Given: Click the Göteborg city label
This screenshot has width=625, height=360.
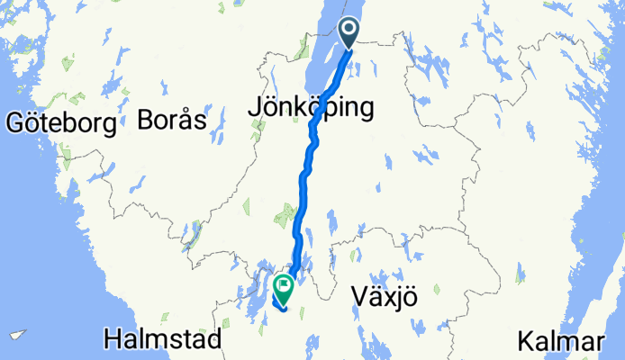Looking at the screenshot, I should pyautogui.click(x=60, y=123).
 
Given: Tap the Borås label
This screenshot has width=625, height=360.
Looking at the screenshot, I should pyautogui.click(x=173, y=120).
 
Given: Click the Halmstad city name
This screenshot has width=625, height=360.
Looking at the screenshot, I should pyautogui.click(x=163, y=340).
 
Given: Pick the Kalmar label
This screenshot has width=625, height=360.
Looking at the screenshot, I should pyautogui.click(x=560, y=342).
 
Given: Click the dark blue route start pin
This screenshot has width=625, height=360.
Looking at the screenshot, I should pyautogui.click(x=349, y=34).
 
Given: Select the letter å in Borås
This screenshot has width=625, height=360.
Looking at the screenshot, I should pyautogui.click(x=184, y=119).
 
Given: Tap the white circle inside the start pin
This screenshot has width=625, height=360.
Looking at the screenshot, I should pyautogui.click(x=349, y=30).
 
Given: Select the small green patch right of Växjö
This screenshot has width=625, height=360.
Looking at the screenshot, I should pyautogui.click(x=436, y=290).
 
